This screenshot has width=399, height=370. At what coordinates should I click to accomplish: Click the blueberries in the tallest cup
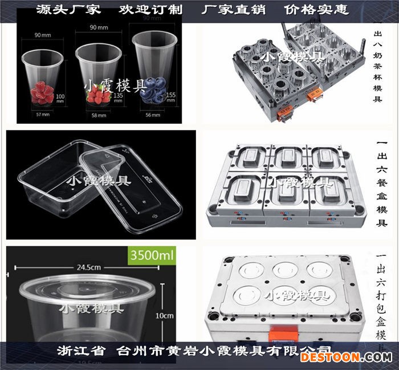pyautogui.click(x=151, y=88)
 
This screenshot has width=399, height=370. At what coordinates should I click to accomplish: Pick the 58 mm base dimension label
pyautogui.click(x=99, y=115)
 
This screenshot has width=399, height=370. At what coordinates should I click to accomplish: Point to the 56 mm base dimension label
pyautogui.click(x=152, y=115)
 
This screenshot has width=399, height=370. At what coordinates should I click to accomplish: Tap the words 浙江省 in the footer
pyautogui.click(x=82, y=350)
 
